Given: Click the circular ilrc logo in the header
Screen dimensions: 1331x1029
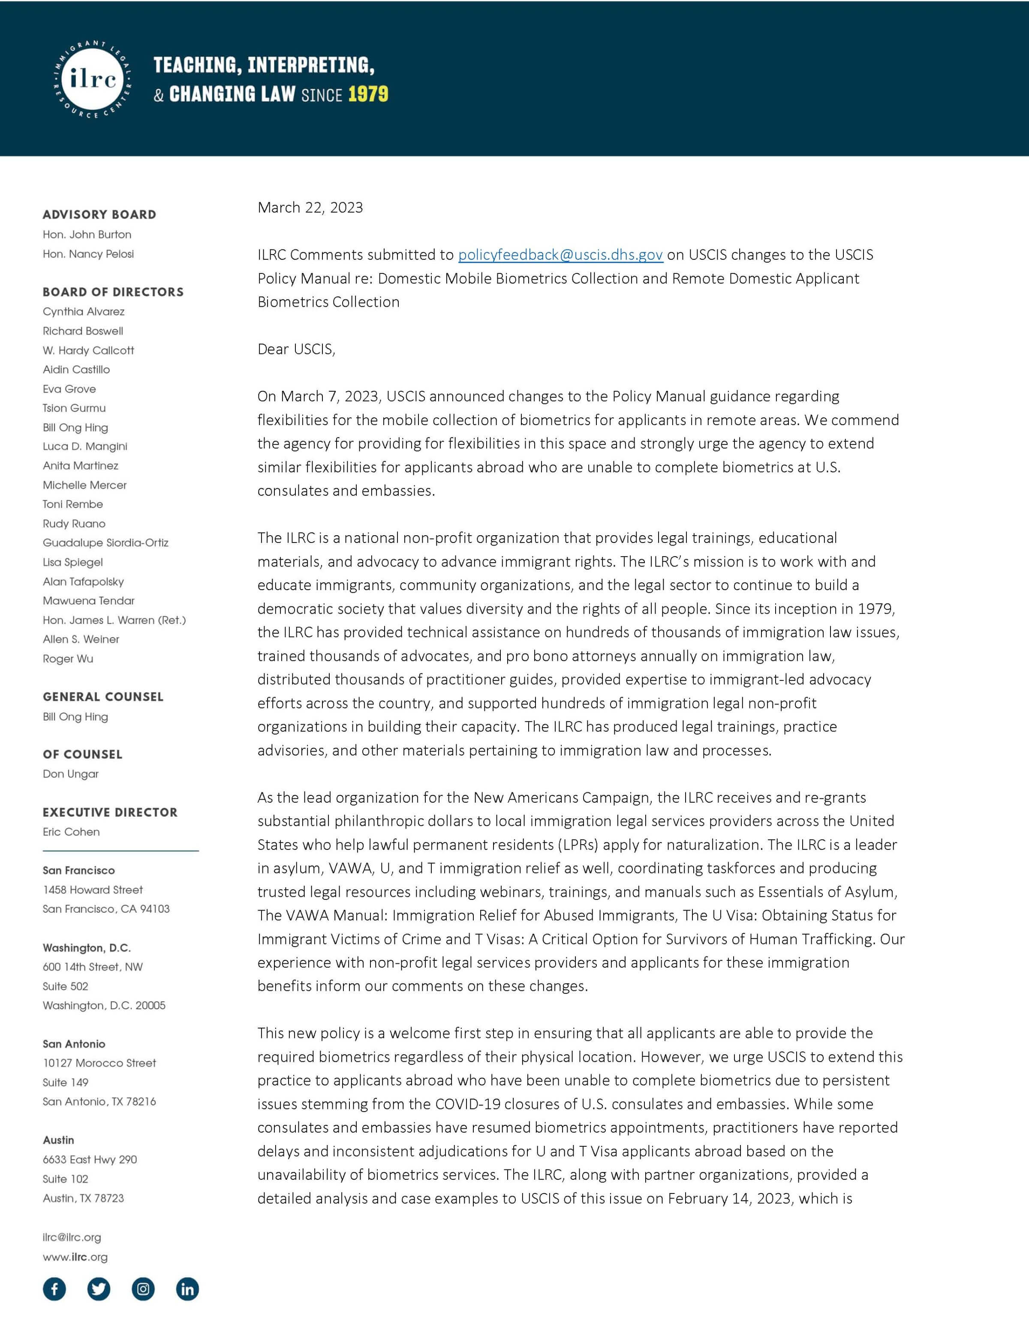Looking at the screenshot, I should (x=93, y=80).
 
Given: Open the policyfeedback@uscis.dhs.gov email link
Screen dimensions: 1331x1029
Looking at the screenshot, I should (x=560, y=255).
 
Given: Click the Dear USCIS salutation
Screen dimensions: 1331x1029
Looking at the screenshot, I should (x=296, y=349).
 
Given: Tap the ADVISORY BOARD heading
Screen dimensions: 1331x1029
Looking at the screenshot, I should (x=99, y=215).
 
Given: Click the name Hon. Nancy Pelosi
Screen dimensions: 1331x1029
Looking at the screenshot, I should (x=88, y=254).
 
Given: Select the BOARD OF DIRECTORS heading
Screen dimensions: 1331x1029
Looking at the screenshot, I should (x=113, y=292).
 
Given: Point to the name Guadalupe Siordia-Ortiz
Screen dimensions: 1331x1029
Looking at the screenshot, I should (x=105, y=543).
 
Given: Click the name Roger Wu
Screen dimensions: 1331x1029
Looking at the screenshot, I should (x=68, y=658).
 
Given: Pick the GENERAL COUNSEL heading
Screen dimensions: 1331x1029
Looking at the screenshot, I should (x=103, y=697).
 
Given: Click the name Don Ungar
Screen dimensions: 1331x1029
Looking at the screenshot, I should (x=71, y=774).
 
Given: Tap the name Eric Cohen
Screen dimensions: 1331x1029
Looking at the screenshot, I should (x=71, y=832).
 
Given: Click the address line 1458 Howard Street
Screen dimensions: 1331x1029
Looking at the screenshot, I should (x=93, y=890).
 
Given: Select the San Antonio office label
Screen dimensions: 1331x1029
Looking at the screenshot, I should (x=74, y=1044).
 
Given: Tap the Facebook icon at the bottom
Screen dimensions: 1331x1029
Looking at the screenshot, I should (x=54, y=1289).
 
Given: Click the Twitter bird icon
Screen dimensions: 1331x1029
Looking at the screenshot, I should (x=99, y=1289).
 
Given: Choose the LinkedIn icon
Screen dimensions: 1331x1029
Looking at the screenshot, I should (x=187, y=1289).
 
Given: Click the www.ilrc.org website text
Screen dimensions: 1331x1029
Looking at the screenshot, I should (x=75, y=1256).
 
